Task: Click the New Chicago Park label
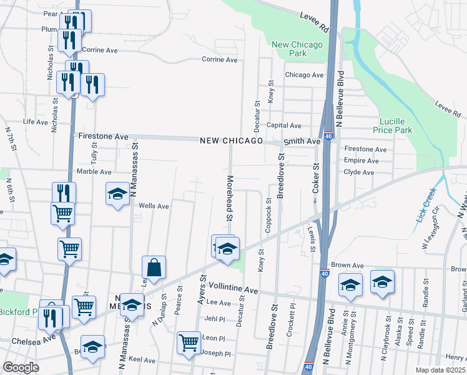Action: pos(298,49)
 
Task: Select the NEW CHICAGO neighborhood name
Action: pos(232,141)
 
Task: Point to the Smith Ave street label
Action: pos(302,141)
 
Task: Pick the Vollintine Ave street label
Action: pos(233,291)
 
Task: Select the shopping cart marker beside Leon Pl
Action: pos(189,343)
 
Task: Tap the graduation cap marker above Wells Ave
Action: pos(117,194)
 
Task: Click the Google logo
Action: pos(21,367)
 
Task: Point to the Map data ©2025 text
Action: pos(441,370)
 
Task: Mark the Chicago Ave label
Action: pos(304,75)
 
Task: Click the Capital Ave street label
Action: pos(284,126)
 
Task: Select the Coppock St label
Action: pos(268,216)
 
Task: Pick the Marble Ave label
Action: pos(94,172)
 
